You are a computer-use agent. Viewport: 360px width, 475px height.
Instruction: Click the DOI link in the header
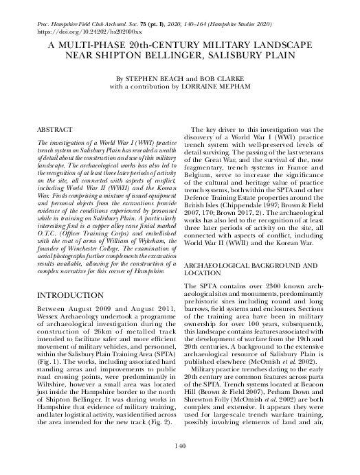[x=79, y=32]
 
